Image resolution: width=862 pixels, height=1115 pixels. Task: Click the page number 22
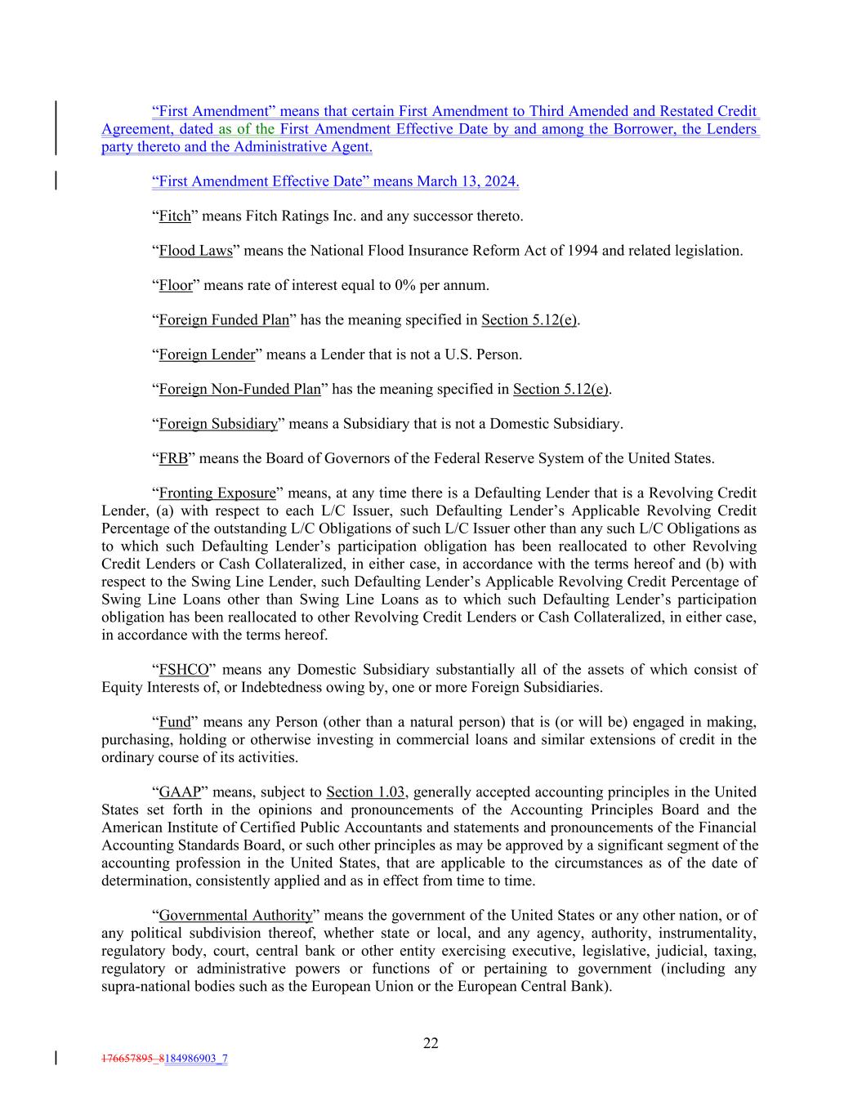click(431, 1043)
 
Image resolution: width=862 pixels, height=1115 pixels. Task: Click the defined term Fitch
click(174, 216)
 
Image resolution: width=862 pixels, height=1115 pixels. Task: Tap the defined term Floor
click(175, 285)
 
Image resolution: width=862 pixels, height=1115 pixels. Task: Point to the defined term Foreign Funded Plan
click(224, 319)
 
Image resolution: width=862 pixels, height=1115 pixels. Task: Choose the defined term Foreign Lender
click(207, 355)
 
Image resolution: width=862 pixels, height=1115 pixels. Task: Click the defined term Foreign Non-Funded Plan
click(239, 389)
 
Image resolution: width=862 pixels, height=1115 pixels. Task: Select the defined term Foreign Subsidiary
click(218, 424)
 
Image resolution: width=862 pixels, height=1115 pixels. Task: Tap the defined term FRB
click(173, 458)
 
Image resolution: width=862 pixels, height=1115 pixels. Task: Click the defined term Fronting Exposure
click(217, 493)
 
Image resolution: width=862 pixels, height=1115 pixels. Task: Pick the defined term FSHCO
click(184, 670)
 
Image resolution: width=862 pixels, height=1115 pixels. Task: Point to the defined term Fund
click(174, 722)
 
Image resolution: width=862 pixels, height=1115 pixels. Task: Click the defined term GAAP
click(180, 792)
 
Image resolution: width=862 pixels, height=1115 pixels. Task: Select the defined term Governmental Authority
click(235, 916)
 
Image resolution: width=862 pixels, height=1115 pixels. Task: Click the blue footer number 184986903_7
click(196, 1059)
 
